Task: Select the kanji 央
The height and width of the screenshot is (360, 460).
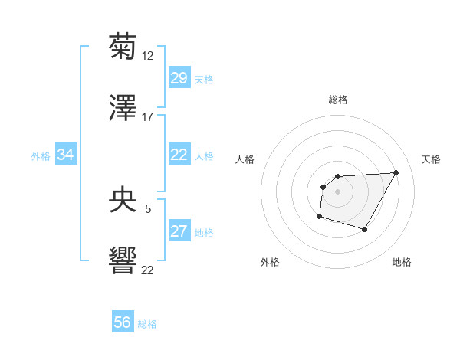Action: click(x=123, y=201)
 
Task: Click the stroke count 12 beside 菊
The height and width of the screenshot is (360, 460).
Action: click(x=148, y=56)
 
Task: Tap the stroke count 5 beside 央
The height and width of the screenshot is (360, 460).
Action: click(x=148, y=208)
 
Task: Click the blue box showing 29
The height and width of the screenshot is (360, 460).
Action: click(x=179, y=78)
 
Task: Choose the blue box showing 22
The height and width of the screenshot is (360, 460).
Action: click(x=179, y=155)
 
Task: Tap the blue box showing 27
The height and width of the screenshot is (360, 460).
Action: click(x=179, y=231)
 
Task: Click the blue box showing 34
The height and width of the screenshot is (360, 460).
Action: click(x=65, y=155)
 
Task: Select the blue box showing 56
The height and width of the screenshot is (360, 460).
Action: click(x=122, y=322)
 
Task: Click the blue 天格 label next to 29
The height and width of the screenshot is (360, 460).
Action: click(x=204, y=79)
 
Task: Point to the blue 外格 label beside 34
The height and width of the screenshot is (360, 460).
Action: click(x=41, y=155)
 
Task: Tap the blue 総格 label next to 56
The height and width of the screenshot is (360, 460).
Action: click(x=147, y=323)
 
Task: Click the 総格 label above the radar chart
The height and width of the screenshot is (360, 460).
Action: click(x=338, y=100)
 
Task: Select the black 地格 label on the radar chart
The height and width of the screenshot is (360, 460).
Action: click(x=402, y=262)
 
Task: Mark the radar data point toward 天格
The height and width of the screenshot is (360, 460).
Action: click(x=396, y=172)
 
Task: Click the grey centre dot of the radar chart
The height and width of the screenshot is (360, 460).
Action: click(x=337, y=191)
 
